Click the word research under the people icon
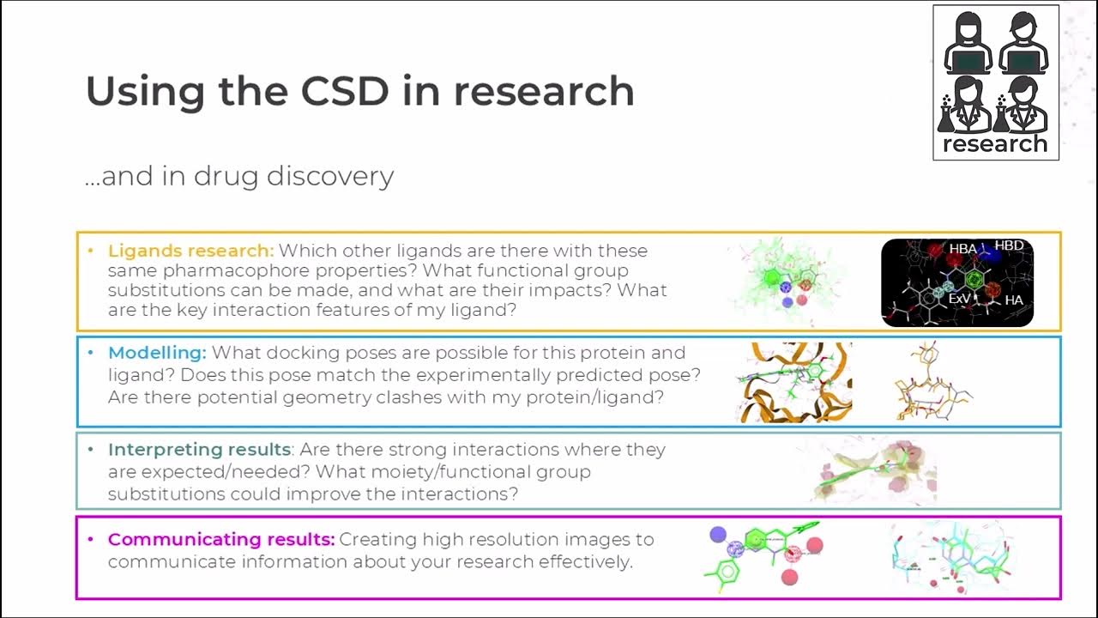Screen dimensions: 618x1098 (x=995, y=143)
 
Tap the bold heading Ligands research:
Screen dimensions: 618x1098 (x=190, y=251)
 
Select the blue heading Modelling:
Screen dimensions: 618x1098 (x=157, y=353)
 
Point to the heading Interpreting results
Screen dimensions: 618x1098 (x=199, y=450)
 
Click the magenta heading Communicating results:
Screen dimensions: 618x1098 (x=220, y=540)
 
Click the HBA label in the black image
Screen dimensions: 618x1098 (x=962, y=249)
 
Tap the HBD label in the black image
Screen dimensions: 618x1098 (x=1009, y=245)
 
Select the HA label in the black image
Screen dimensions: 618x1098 (x=1013, y=300)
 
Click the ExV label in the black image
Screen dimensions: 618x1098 (x=959, y=299)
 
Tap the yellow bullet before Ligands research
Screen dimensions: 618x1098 (x=91, y=251)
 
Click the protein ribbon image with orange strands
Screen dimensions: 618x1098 (x=793, y=382)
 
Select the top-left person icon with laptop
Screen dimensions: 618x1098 (x=968, y=43)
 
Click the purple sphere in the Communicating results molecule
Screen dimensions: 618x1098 (x=718, y=535)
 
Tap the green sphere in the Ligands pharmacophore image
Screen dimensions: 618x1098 (x=771, y=278)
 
